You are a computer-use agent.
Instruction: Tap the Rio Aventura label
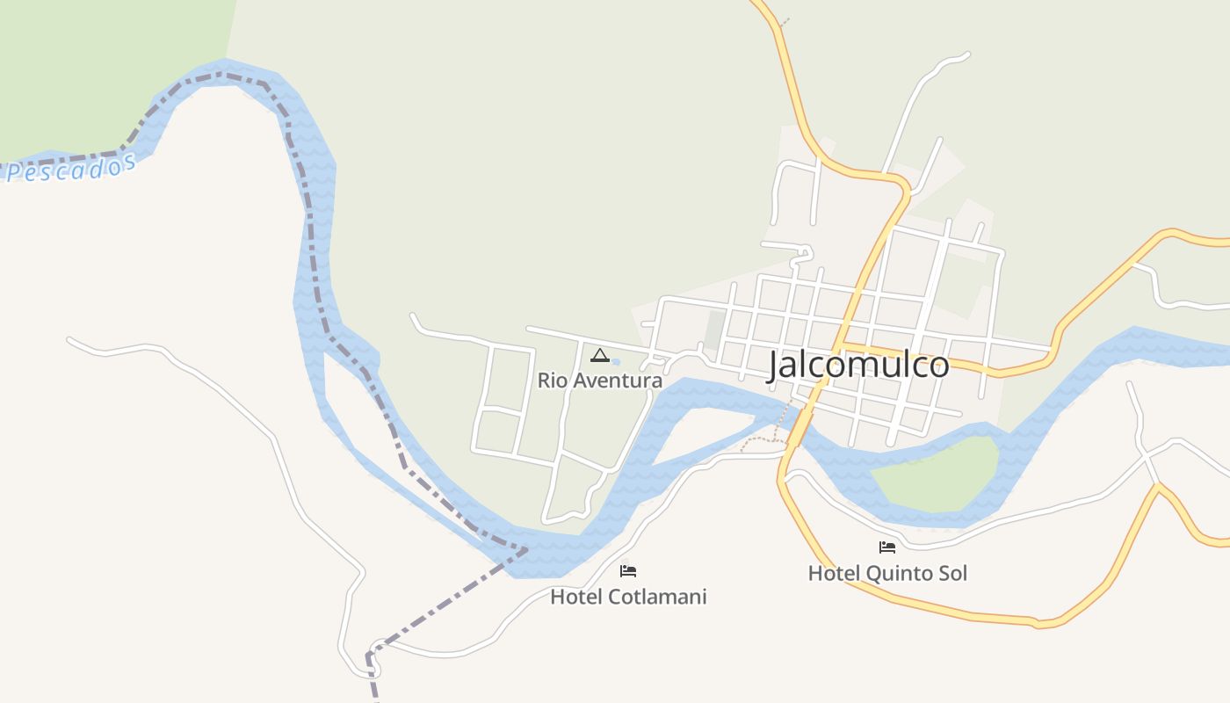pos(600,380)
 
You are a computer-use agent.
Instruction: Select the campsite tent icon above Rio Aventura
pos(600,356)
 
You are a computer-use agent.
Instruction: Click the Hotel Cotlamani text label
pos(628,597)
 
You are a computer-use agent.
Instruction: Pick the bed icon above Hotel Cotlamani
pos(628,571)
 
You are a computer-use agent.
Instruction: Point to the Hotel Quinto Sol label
pos(887,573)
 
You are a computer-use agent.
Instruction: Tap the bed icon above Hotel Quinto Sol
pos(887,547)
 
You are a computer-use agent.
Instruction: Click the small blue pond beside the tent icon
pos(616,361)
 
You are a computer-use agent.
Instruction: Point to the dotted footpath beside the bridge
pos(757,438)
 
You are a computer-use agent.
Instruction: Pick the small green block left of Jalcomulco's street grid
pos(715,330)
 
